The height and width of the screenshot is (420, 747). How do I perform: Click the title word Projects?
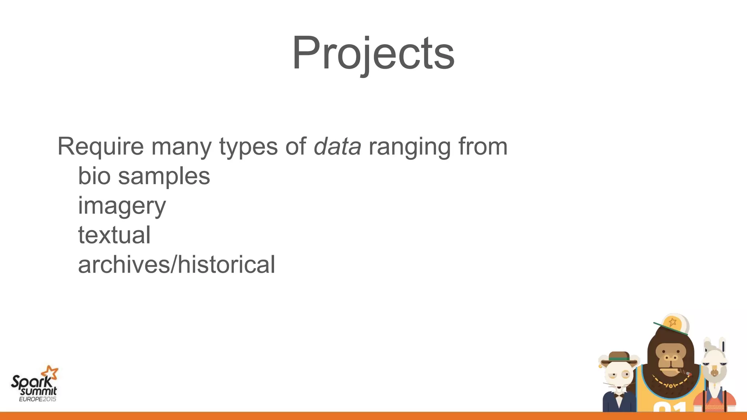(373, 53)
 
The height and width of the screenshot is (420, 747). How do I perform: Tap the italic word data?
(337, 147)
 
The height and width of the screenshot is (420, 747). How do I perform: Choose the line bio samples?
(144, 176)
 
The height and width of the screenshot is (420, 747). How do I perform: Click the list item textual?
(114, 235)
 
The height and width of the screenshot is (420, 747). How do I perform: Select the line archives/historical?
(177, 265)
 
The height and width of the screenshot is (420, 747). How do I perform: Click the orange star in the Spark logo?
(50, 373)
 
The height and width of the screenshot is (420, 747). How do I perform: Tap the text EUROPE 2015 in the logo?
(38, 399)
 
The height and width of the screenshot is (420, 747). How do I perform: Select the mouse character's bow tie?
(619, 394)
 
